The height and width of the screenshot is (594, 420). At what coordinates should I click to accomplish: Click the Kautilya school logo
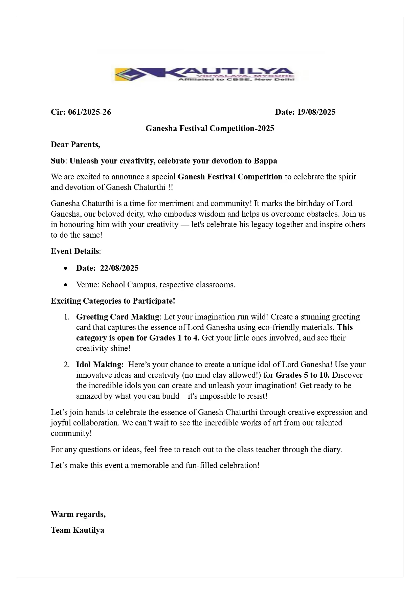205,74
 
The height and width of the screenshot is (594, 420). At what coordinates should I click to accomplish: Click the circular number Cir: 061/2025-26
81,112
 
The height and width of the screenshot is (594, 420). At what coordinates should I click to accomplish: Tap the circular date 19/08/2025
316,112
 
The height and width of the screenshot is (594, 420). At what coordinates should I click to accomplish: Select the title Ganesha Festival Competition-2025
210,128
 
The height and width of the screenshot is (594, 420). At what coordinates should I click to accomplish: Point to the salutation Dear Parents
75,145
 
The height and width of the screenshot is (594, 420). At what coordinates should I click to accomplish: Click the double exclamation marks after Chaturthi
170,187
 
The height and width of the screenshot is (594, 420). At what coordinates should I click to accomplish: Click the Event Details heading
75,251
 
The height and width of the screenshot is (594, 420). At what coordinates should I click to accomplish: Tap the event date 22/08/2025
119,268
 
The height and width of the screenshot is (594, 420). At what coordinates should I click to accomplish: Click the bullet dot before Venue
66,285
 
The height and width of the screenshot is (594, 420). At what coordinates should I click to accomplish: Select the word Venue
87,285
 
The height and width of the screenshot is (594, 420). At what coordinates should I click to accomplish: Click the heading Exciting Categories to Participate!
113,301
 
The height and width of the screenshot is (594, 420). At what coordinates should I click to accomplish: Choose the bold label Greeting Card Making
117,317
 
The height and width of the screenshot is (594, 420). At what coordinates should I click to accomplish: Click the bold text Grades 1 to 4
174,338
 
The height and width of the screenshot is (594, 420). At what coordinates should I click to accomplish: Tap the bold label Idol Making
100,365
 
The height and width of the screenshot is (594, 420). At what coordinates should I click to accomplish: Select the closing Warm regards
78,514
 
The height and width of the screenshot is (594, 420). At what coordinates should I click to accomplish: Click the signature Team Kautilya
78,530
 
